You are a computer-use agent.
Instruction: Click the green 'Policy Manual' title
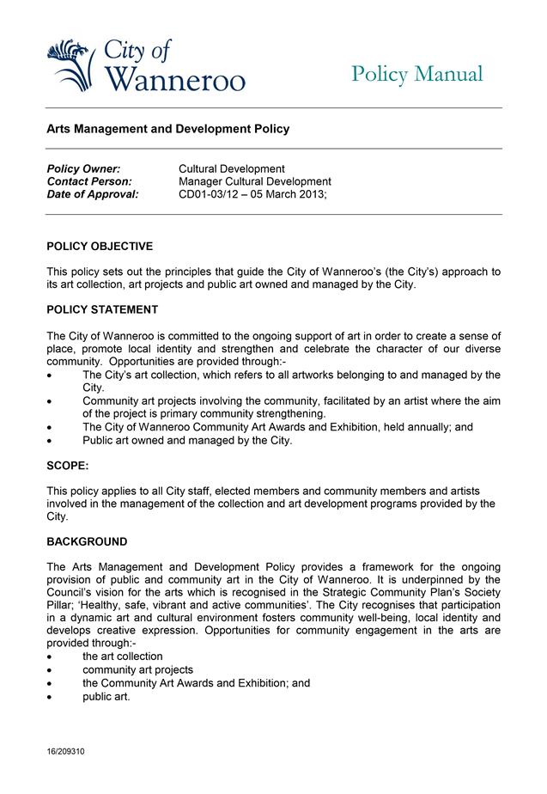(417, 74)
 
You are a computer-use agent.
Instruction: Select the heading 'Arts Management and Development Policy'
(167, 129)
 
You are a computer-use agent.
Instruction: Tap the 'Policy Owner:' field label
(83, 168)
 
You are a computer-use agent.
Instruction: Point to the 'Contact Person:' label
(89, 181)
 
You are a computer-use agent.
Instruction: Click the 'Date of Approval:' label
(92, 194)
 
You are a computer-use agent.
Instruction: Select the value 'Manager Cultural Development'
(254, 181)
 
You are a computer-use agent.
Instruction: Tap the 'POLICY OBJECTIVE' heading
(100, 247)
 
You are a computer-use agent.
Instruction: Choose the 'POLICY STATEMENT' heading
(102, 309)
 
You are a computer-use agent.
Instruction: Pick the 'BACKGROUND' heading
(87, 542)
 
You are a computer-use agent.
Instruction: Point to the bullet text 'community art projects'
(137, 669)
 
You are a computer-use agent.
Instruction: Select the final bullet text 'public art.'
(106, 696)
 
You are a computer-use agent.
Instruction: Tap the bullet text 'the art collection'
(123, 657)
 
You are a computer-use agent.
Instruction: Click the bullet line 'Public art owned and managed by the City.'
(187, 441)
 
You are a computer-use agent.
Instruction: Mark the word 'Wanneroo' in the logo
(179, 80)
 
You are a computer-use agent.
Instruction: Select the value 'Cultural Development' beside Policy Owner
(231, 168)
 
